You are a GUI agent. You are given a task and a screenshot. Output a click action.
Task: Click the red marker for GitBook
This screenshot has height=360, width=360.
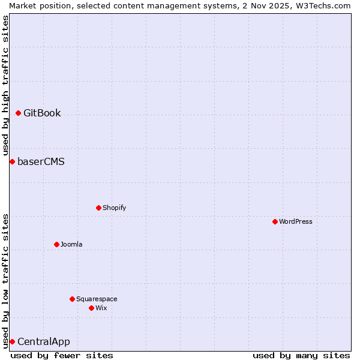(19, 113)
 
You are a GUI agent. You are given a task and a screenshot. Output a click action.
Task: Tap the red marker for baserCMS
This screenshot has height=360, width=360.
(12, 161)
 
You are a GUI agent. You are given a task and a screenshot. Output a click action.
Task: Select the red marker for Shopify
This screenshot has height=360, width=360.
(98, 208)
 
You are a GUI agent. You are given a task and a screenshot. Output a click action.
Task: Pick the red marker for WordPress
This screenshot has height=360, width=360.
(275, 221)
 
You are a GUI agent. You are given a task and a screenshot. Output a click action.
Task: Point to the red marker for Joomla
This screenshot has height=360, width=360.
(56, 244)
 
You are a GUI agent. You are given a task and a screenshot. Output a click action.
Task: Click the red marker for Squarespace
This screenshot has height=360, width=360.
(72, 299)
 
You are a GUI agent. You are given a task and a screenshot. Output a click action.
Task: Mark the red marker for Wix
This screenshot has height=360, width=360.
(91, 308)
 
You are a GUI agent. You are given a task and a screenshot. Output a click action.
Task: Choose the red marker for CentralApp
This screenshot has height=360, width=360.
(12, 341)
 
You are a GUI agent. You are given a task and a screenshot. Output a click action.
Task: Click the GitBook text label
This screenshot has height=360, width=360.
(42, 113)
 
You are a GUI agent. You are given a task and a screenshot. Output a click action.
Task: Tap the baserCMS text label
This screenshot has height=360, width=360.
(41, 161)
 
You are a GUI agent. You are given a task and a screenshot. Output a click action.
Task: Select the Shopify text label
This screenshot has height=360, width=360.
(114, 208)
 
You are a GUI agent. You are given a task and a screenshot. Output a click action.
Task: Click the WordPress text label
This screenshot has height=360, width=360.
(295, 221)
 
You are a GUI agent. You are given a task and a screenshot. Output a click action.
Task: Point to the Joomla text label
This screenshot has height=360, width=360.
(71, 244)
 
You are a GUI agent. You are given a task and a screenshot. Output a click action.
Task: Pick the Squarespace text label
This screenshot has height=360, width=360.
(97, 299)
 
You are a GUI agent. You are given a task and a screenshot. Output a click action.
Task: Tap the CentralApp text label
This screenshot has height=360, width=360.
(44, 341)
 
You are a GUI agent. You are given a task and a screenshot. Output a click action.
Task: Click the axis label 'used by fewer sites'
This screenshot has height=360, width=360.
(62, 355)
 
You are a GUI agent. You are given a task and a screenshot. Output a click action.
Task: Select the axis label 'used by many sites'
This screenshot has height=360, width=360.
(301, 355)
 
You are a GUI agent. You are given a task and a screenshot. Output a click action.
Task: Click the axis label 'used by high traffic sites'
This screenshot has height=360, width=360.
(5, 85)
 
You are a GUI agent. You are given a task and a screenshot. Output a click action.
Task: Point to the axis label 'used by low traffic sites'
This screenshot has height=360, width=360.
(5, 281)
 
